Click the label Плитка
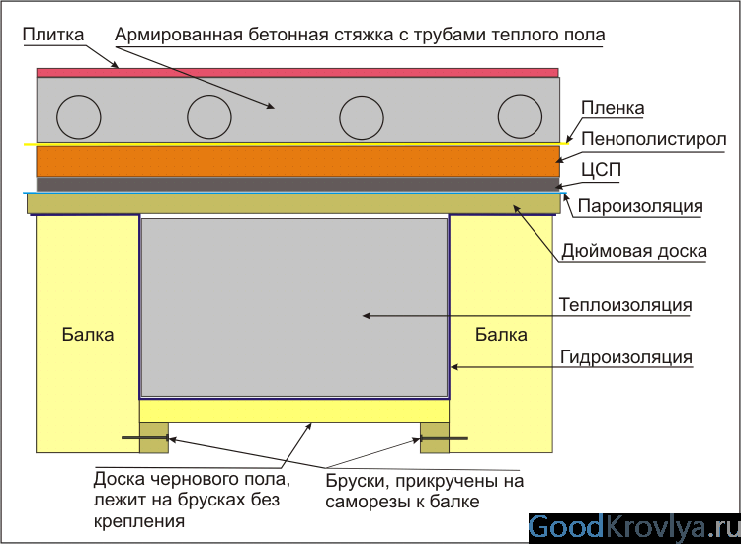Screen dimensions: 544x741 (52, 35)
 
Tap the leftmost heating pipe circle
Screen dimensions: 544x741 (78, 117)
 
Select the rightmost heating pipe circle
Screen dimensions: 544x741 (519, 117)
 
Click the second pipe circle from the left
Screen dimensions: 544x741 (209, 117)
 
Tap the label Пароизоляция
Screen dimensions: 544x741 (639, 207)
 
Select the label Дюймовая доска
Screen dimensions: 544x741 (634, 251)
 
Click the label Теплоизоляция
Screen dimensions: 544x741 (624, 304)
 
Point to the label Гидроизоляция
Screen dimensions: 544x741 (625, 356)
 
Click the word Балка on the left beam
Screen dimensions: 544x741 (88, 334)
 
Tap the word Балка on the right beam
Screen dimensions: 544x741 (501, 334)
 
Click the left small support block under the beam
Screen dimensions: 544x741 (154, 437)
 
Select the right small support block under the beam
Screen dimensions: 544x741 (435, 437)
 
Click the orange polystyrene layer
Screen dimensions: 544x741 (296, 161)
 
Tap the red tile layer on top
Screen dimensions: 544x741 (296, 72)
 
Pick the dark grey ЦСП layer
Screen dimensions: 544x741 (296, 185)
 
